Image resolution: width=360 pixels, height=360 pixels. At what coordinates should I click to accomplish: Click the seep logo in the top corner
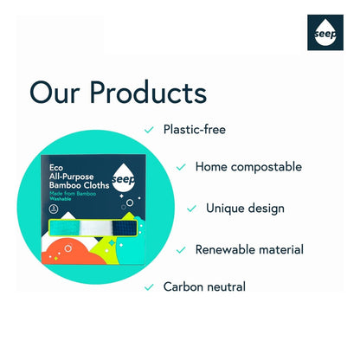(325, 33)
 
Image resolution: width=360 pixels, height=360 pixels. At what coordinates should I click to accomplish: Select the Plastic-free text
(196, 130)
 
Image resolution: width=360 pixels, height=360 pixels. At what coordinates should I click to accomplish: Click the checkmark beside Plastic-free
(149, 130)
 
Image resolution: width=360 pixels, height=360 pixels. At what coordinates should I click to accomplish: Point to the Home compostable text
(248, 167)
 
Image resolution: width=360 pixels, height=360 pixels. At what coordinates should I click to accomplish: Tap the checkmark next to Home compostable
(181, 167)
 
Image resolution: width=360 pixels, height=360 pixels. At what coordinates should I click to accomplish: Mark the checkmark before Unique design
(191, 209)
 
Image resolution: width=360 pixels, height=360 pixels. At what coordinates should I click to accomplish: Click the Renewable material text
(249, 249)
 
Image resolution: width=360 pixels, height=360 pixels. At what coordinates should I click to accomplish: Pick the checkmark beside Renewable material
(181, 249)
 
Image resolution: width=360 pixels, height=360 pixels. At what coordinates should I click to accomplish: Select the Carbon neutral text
(204, 286)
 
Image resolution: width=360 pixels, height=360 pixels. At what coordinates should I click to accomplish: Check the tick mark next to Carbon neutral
(149, 286)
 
